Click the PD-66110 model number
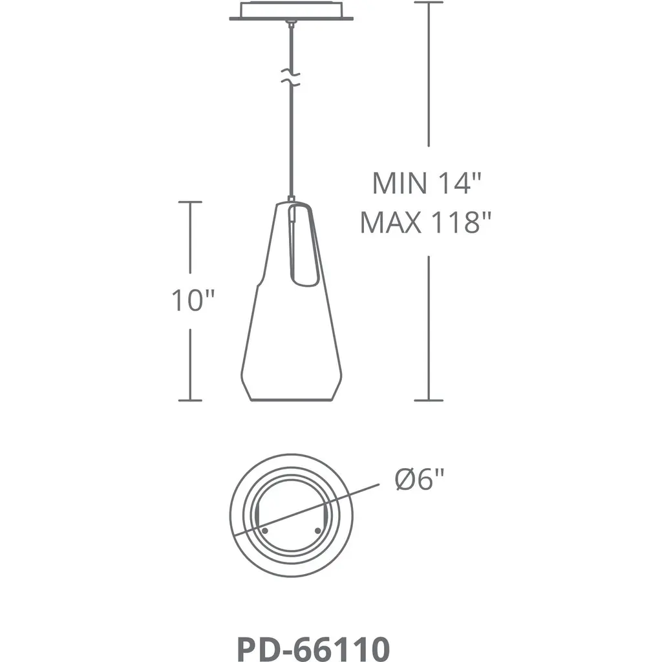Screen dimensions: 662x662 click(314, 648)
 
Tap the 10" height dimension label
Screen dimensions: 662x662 click(193, 301)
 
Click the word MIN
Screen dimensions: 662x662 click(400, 183)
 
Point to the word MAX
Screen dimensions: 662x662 click(390, 222)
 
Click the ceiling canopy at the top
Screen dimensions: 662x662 click(292, 11)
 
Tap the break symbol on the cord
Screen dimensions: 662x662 click(291, 78)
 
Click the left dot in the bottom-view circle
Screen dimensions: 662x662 click(265, 530)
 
